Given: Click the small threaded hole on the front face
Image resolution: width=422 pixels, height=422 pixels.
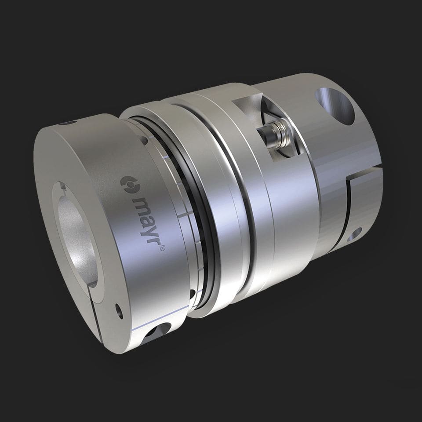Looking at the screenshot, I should (117, 310).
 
